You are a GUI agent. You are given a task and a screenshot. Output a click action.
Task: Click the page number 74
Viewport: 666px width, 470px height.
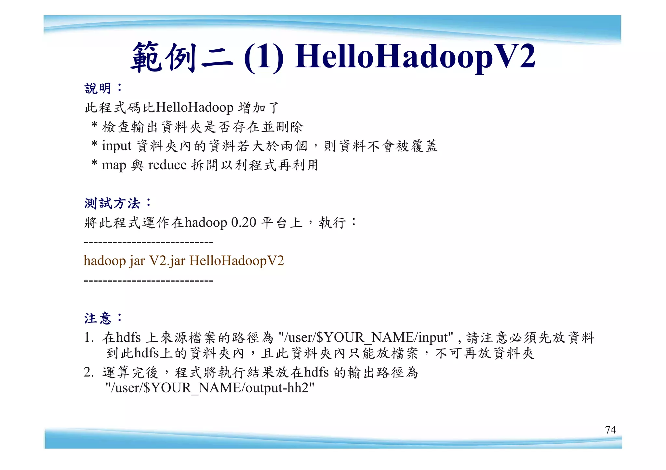[x=610, y=430]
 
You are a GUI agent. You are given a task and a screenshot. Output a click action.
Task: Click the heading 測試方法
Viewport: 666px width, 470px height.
[x=113, y=203]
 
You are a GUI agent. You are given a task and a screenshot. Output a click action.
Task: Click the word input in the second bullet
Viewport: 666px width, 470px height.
[x=116, y=146]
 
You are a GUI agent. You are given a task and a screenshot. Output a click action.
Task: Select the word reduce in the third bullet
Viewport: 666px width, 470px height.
[x=167, y=165]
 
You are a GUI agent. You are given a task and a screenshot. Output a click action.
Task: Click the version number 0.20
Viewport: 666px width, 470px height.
[x=244, y=222]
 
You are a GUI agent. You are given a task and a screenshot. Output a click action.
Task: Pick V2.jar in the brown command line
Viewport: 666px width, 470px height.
[x=167, y=261]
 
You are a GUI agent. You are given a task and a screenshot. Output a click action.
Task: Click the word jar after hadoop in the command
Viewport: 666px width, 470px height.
[x=137, y=261]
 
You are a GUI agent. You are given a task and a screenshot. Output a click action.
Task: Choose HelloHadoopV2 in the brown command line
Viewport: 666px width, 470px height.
[x=237, y=261]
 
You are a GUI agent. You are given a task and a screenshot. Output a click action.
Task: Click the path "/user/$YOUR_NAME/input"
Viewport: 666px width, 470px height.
[x=366, y=337]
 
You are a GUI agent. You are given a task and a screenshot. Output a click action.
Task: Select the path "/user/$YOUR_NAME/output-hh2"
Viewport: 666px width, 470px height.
[x=210, y=388]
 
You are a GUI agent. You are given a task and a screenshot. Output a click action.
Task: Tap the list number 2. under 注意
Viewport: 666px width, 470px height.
[x=88, y=372]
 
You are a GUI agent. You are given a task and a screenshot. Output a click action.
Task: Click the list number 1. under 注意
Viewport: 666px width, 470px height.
[x=88, y=337]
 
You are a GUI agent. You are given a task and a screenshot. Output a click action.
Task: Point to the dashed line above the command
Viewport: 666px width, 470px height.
[x=148, y=242]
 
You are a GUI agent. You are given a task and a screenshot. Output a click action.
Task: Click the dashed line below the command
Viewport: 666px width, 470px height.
[x=148, y=280]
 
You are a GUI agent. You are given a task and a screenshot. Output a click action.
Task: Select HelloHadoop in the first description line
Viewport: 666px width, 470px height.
[x=195, y=108]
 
